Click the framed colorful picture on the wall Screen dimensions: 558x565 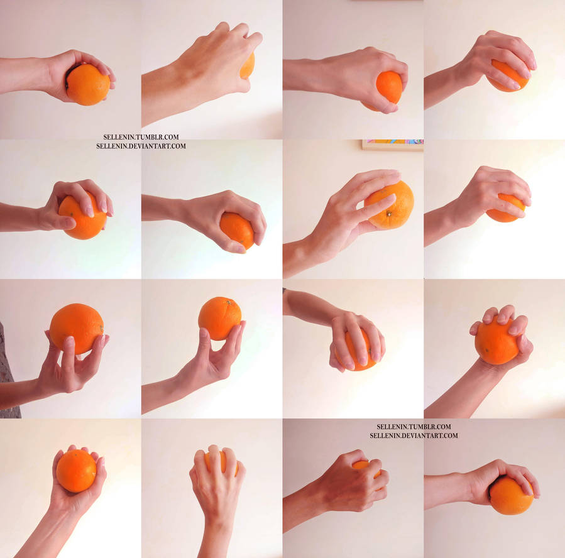click(392, 145)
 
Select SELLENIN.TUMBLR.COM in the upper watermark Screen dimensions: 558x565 click(141, 136)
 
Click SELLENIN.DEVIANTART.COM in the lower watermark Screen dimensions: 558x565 click(414, 435)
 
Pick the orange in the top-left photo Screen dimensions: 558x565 click(88, 85)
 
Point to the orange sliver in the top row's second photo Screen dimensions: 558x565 click(248, 66)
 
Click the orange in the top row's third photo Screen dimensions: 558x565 click(390, 86)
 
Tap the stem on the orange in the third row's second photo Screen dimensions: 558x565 click(229, 302)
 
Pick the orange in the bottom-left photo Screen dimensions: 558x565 click(75, 471)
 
